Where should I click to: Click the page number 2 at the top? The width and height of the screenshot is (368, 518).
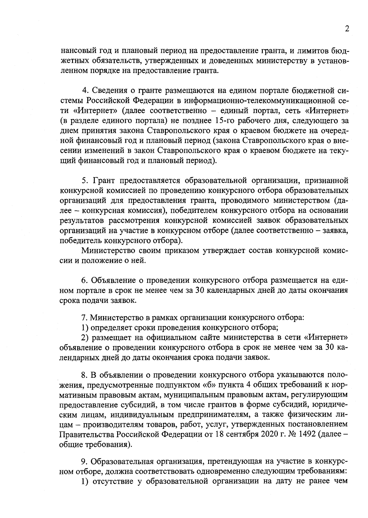(347, 29)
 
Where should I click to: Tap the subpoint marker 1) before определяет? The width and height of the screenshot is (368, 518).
(85, 327)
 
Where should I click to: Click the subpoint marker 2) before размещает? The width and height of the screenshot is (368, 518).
(85, 338)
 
